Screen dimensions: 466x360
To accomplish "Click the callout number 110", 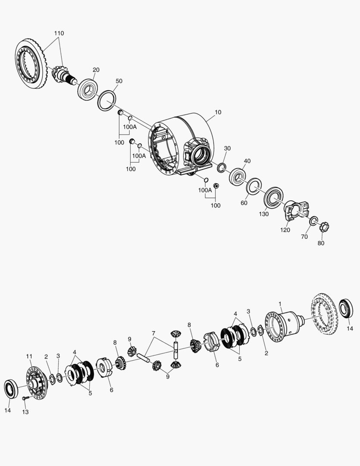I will tap(59, 33).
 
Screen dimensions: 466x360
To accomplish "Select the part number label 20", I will tap(96, 70).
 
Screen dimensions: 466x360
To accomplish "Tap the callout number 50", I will tap(119, 81).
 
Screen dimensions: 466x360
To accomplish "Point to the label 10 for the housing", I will tap(218, 112).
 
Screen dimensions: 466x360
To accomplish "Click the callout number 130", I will tap(263, 214).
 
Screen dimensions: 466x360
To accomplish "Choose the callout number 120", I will tap(285, 230).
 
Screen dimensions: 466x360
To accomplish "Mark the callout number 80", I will tap(321, 243).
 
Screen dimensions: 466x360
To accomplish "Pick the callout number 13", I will tap(25, 412).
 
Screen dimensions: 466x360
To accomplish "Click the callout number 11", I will tap(29, 356).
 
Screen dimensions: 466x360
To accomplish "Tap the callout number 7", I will tap(153, 333).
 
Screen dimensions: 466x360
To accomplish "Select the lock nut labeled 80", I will tap(323, 226).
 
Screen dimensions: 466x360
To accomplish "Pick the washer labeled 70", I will tap(313, 221).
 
